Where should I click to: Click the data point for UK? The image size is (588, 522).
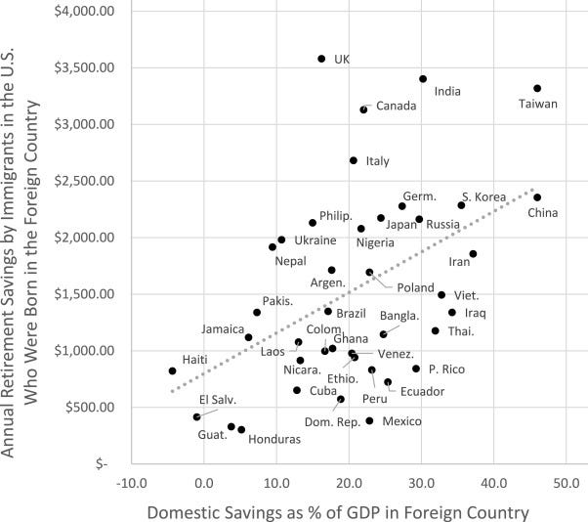click(x=321, y=59)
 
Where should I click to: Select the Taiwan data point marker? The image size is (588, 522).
click(x=537, y=89)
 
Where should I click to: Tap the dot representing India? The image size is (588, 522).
click(x=423, y=79)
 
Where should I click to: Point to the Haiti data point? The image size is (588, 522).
click(x=172, y=371)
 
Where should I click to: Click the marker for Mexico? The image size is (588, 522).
click(x=369, y=421)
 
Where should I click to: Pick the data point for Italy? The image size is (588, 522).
click(x=354, y=160)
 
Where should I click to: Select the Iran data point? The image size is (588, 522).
click(x=473, y=254)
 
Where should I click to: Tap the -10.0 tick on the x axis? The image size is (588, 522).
click(x=131, y=482)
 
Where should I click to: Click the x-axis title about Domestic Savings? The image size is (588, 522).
click(x=338, y=510)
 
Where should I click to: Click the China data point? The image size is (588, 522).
click(x=537, y=197)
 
